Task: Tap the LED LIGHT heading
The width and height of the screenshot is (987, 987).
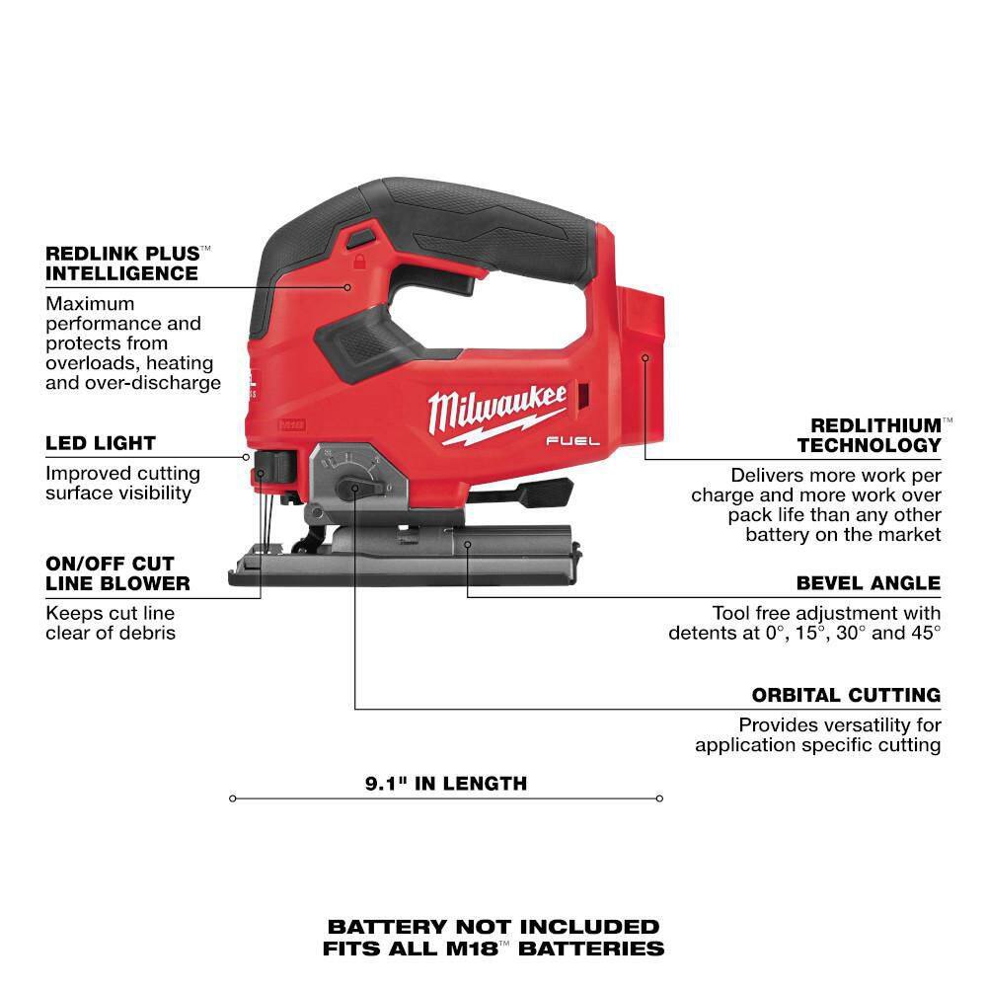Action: tap(101, 443)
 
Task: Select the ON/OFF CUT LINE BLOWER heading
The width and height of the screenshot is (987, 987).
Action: tap(117, 573)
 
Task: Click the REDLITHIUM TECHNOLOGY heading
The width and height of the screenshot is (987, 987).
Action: tap(870, 435)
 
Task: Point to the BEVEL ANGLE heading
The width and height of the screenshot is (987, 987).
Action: tap(869, 583)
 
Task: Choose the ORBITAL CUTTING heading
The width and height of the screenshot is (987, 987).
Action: tap(846, 695)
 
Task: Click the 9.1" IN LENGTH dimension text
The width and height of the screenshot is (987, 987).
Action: tap(446, 784)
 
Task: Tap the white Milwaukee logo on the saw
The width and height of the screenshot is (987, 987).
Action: tap(497, 407)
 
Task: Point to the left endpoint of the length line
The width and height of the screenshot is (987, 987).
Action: tap(233, 798)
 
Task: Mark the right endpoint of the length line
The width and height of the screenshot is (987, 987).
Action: tap(659, 798)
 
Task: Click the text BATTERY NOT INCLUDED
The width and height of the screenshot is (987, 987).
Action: tap(493, 927)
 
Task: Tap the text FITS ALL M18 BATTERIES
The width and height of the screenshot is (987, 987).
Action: tap(493, 949)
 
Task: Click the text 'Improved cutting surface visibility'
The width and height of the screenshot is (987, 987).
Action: tap(122, 484)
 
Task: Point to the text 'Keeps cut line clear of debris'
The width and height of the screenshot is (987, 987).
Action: tap(111, 622)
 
